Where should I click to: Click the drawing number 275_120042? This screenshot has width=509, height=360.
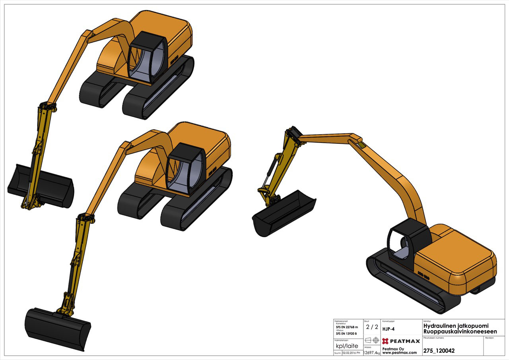coord(439,351)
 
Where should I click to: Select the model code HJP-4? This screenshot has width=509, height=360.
coord(389,329)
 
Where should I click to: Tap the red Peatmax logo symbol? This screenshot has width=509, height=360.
coord(385,341)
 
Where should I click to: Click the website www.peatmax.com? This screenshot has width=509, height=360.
coord(399,352)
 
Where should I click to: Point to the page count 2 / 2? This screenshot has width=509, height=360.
coord(372,327)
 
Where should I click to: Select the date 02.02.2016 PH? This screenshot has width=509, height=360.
coord(351,353)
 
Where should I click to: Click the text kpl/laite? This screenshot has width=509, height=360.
coord(347,346)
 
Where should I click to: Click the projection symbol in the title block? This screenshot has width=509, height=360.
coord(372,341)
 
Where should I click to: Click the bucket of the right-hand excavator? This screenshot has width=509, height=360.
coord(284,213)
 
